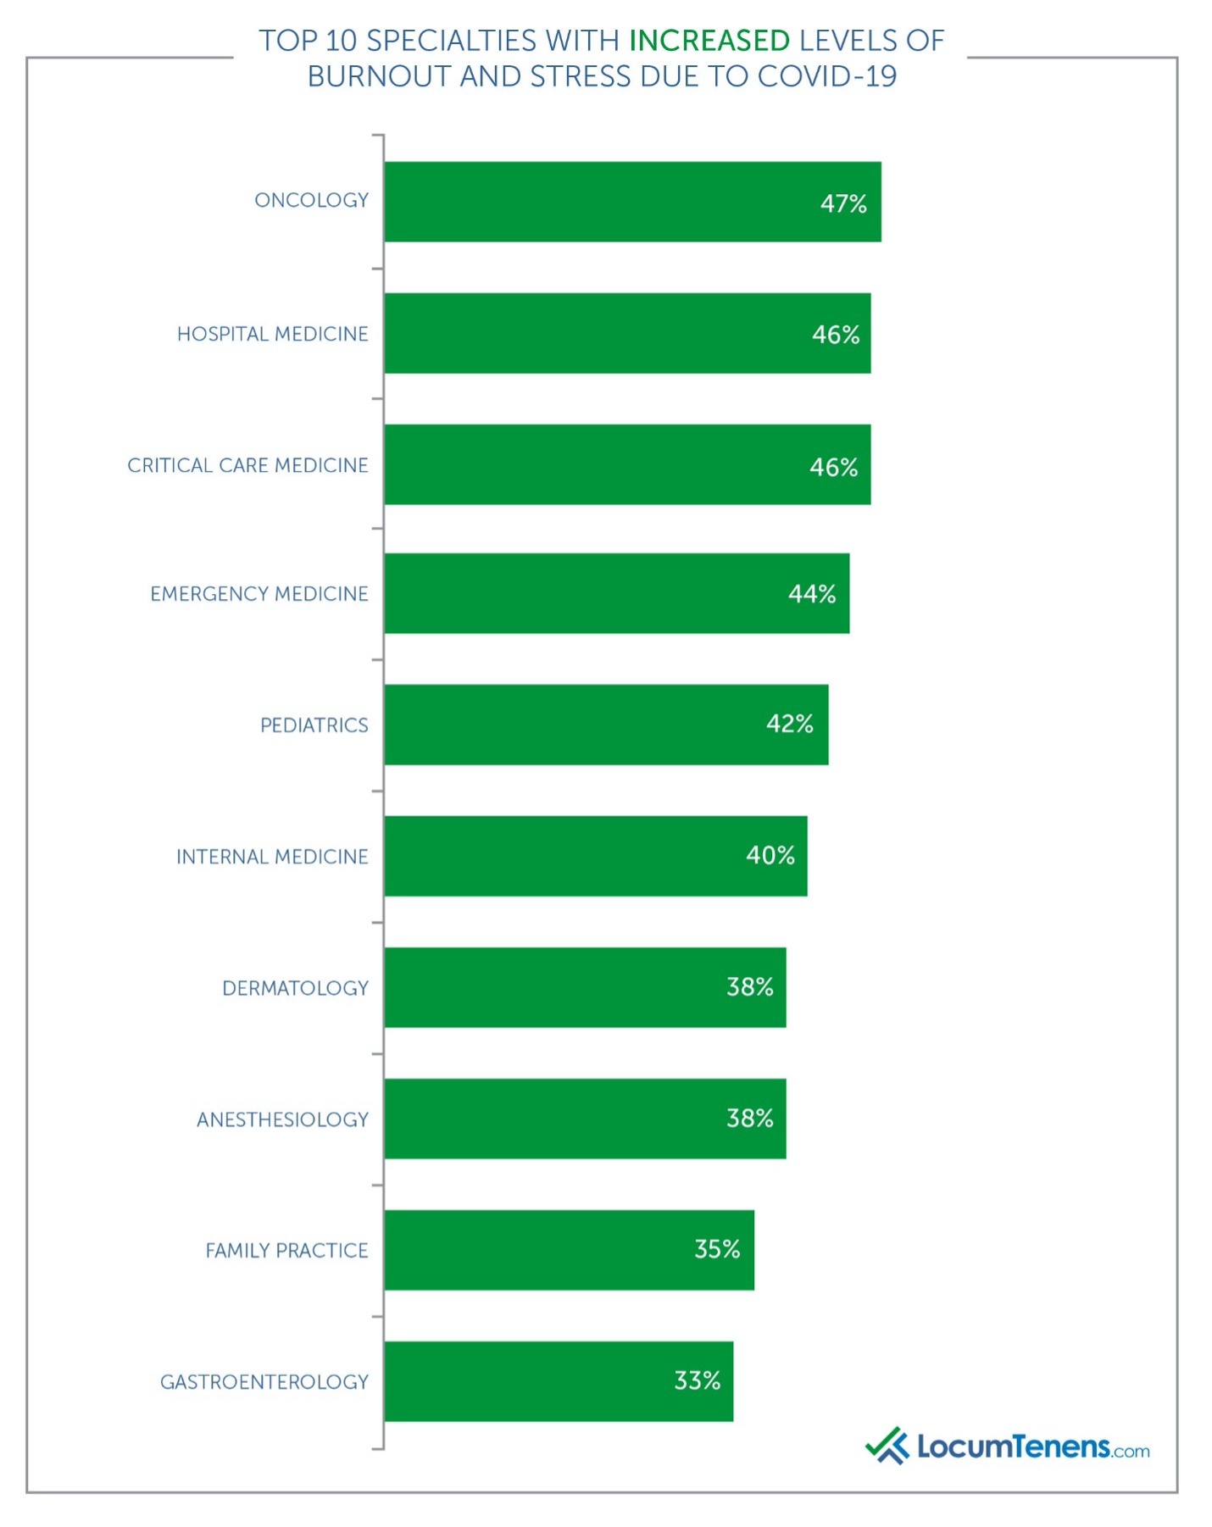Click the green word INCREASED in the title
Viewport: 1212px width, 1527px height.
[709, 41]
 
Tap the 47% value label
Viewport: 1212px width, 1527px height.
[842, 203]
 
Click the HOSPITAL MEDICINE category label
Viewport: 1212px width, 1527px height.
[272, 334]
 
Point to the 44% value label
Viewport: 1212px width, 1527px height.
[811, 594]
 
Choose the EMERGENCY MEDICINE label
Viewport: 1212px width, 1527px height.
[259, 594]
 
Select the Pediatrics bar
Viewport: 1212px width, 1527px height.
[593, 725]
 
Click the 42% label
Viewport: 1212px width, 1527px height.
[789, 724]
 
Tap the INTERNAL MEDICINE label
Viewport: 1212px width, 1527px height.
[272, 857]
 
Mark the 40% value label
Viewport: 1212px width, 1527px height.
[770, 855]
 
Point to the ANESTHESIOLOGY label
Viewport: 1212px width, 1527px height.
[282, 1119]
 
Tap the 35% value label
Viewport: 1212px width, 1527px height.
[716, 1249]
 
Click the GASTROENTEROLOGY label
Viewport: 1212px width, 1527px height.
[264, 1382]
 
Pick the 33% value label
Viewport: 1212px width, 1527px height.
[697, 1380]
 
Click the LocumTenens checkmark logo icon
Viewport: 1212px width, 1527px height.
[887, 1446]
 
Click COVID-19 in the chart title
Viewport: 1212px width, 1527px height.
[826, 77]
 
